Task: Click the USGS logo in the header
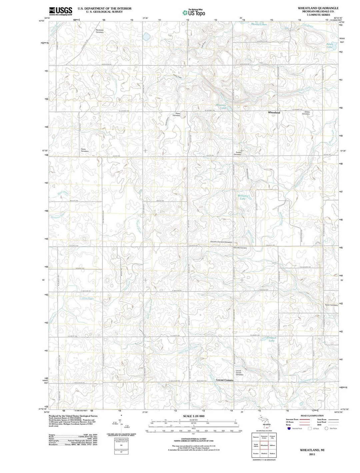click(x=61, y=11)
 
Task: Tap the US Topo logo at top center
click(x=194, y=13)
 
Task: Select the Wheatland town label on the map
click(x=274, y=113)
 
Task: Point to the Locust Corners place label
click(x=225, y=380)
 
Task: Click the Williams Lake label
click(x=243, y=197)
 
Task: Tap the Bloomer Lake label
click(x=221, y=106)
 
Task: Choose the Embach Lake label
click(x=272, y=339)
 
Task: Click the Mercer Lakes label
click(x=259, y=24)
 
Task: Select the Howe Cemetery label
click(x=85, y=150)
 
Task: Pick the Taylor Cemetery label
click(x=331, y=305)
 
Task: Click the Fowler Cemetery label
click(x=237, y=153)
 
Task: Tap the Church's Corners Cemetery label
click(x=221, y=242)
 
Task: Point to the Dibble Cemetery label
click(x=306, y=113)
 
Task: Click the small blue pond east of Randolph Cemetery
click(x=146, y=35)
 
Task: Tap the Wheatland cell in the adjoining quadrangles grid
click(x=264, y=445)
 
